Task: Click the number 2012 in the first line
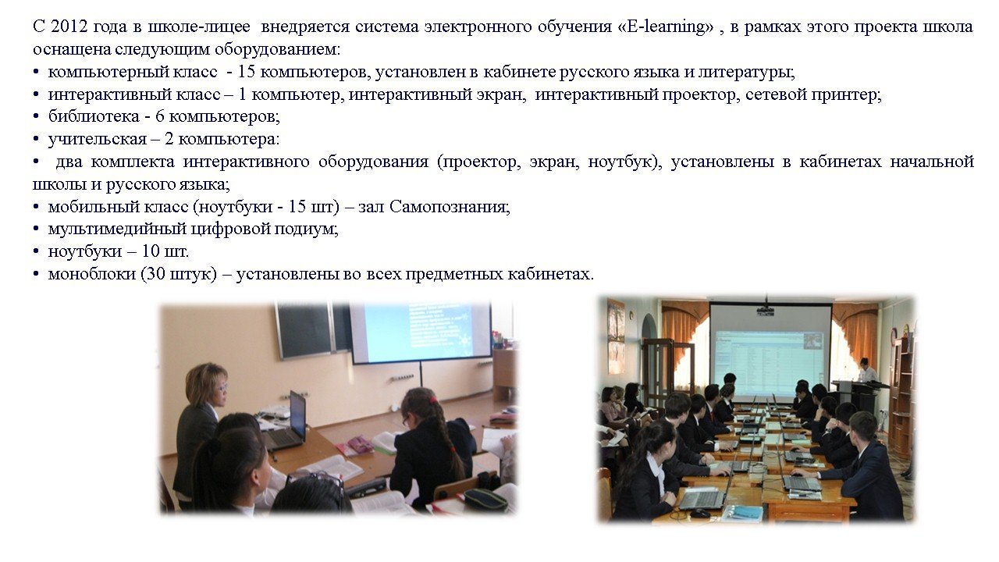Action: [x=68, y=27]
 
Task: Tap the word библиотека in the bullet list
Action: [x=94, y=116]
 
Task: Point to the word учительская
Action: [x=98, y=139]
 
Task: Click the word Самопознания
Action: [x=450, y=207]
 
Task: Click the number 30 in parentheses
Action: [x=155, y=273]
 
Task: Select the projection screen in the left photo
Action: [x=421, y=332]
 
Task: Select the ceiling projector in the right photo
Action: [x=766, y=310]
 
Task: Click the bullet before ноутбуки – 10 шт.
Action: [x=36, y=252]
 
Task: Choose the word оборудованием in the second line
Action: [x=277, y=49]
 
